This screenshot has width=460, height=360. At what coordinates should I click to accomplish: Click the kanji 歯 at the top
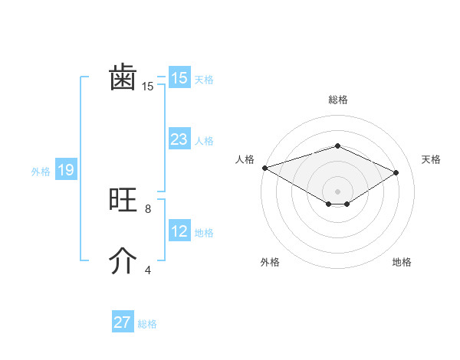click(x=123, y=78)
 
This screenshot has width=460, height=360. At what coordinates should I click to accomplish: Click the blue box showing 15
click(x=179, y=78)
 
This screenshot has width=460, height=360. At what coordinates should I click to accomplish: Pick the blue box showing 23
click(x=179, y=139)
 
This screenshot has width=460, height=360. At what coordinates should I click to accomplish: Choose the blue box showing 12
click(x=179, y=231)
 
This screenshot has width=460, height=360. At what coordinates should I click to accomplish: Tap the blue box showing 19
click(x=66, y=170)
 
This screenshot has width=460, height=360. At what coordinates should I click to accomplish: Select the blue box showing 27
click(x=123, y=322)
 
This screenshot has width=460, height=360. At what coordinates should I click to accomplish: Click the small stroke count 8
click(x=147, y=208)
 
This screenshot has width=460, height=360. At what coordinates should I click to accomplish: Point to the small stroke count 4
click(x=147, y=270)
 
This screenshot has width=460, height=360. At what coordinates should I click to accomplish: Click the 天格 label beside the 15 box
click(x=204, y=80)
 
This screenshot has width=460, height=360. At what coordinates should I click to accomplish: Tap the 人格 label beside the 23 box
click(x=204, y=141)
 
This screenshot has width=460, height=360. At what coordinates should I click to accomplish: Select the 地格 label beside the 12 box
click(x=204, y=233)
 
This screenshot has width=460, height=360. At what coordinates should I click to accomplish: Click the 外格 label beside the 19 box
click(x=41, y=172)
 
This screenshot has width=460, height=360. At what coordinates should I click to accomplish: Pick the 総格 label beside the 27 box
click(x=147, y=324)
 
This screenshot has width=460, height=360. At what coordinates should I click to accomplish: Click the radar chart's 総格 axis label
click(x=337, y=100)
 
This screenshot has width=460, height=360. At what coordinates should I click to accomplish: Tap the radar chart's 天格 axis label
click(x=431, y=159)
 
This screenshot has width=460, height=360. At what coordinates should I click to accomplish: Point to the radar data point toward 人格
click(x=264, y=167)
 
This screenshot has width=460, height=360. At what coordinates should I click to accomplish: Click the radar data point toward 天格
click(x=396, y=172)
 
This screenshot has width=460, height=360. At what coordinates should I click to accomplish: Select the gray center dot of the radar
click(x=337, y=191)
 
